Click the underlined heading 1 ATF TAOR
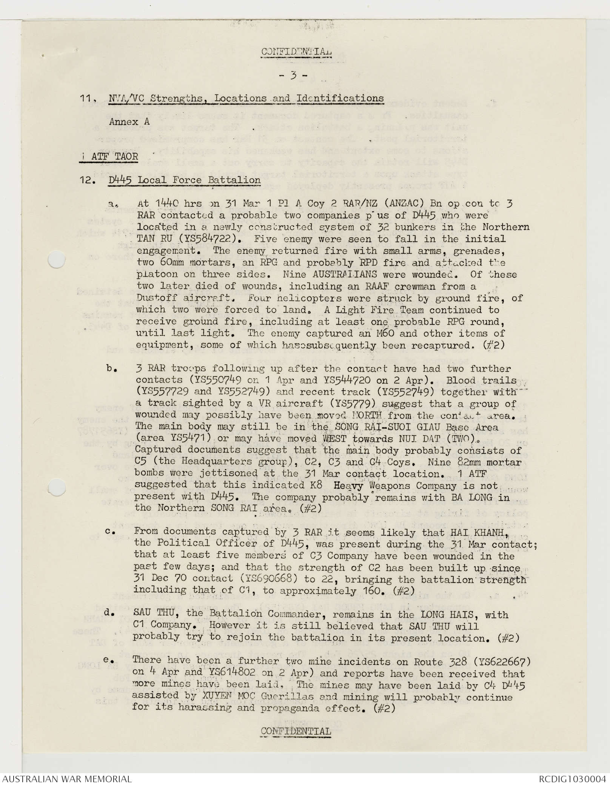pyautogui.click(x=109, y=156)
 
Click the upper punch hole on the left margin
pyautogui.click(x=56, y=260)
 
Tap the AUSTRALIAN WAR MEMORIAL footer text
pyautogui.click(x=67, y=778)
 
